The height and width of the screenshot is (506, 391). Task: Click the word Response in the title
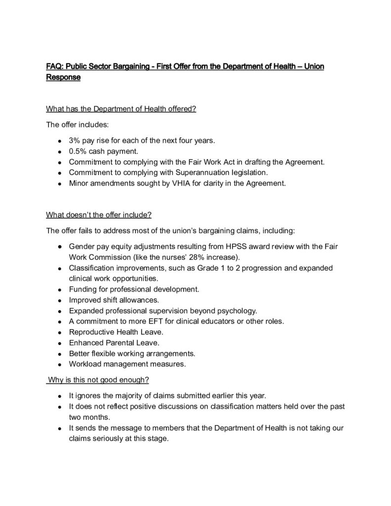(63, 77)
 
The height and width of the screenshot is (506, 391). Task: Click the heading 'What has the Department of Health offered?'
(121, 109)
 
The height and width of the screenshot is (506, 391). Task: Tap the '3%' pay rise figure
(75, 141)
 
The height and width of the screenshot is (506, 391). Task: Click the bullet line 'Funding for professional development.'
(134, 289)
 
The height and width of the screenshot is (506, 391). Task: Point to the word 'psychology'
(238, 311)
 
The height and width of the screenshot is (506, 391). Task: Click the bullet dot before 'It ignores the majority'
(59, 396)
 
